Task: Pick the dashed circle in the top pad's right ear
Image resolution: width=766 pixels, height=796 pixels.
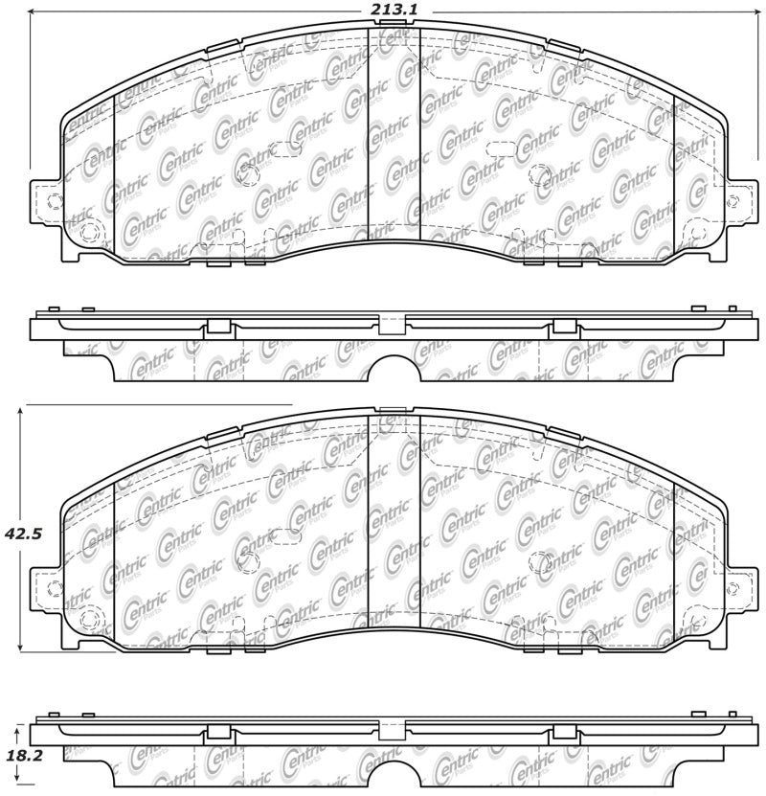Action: pos(733,201)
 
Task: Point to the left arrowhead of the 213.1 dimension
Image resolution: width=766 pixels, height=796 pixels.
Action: pos(35,11)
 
